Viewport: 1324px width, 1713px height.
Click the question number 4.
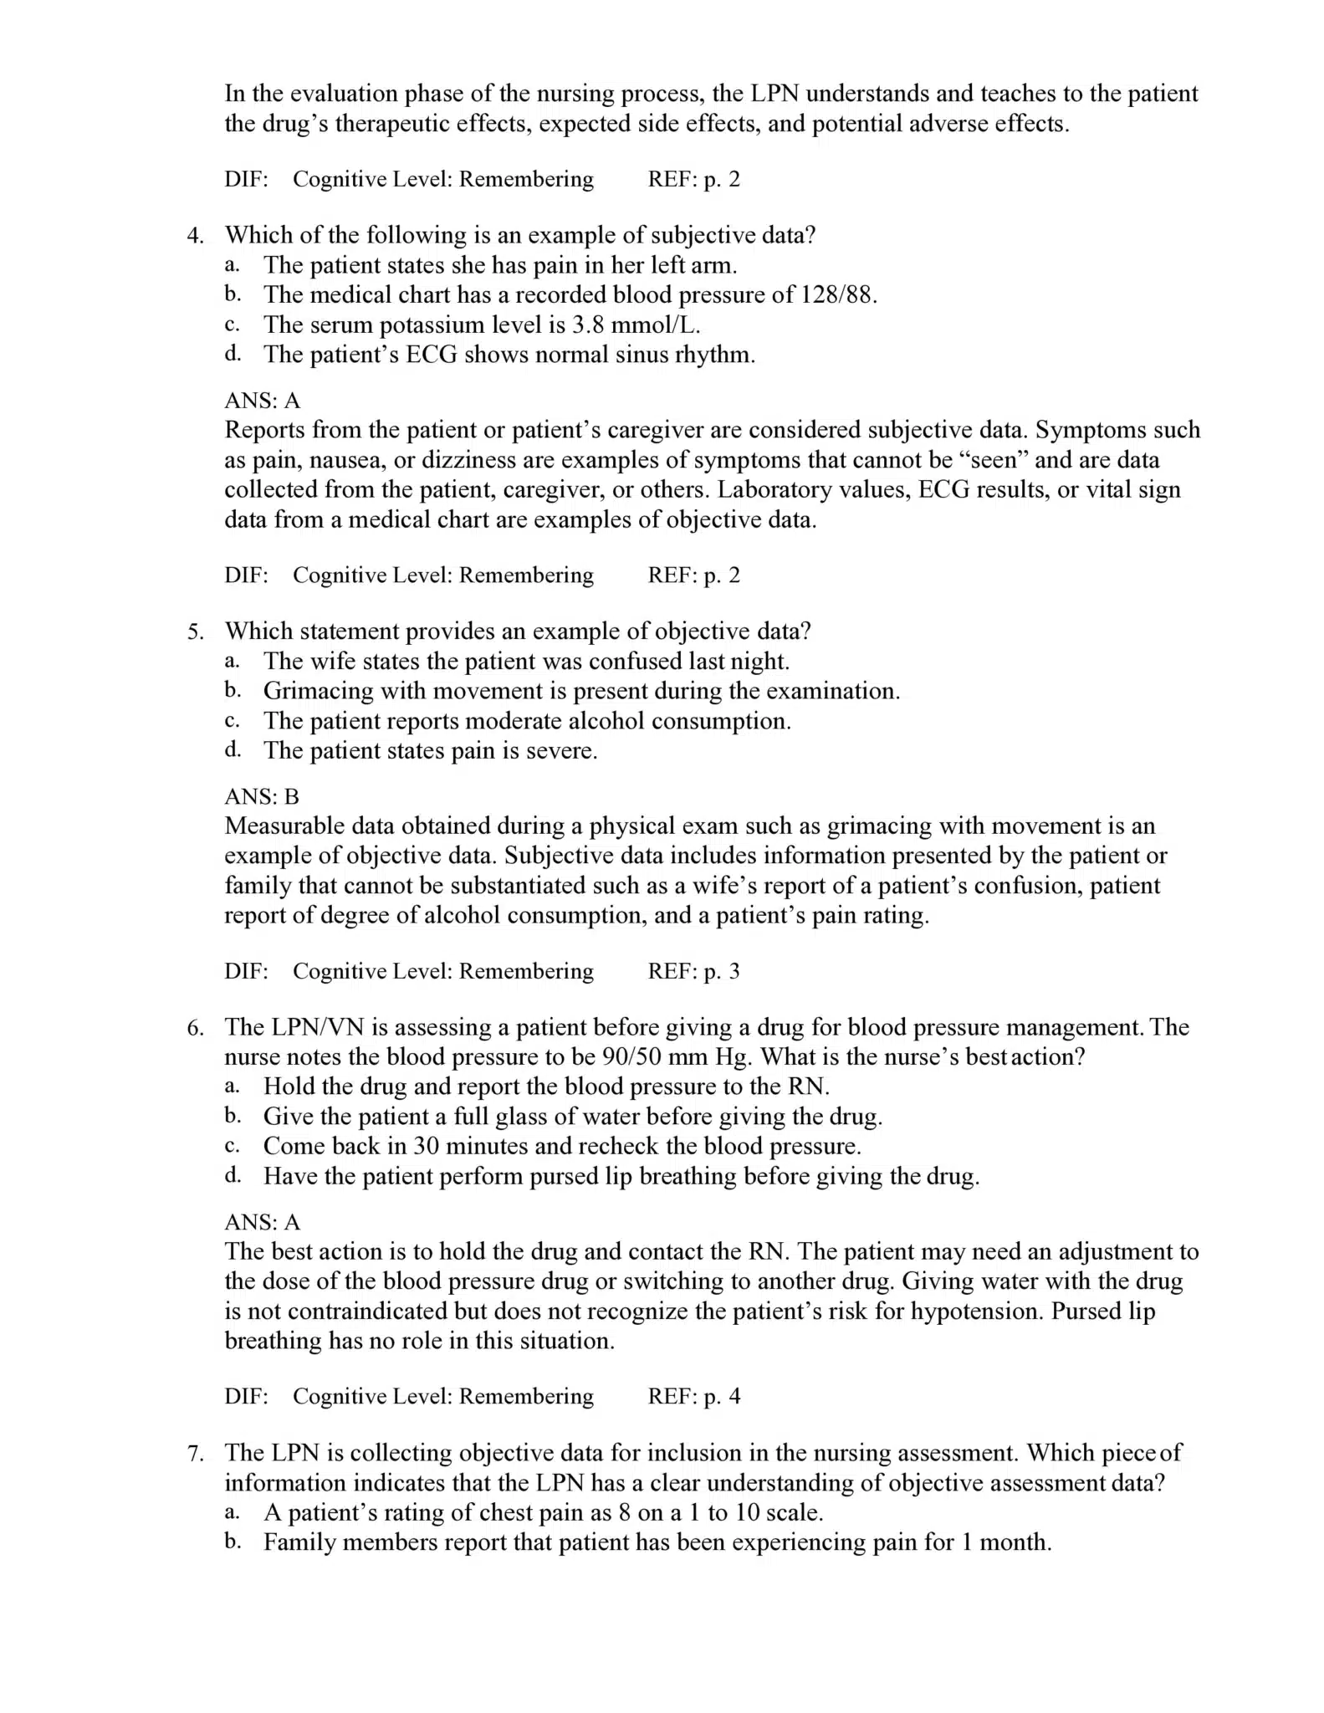click(194, 236)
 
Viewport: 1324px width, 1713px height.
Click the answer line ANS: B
click(262, 796)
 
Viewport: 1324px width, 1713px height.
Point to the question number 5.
click(194, 632)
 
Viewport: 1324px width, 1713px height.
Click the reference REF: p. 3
click(693, 971)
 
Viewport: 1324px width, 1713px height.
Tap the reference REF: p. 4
click(693, 1396)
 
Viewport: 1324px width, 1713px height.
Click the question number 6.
click(194, 1027)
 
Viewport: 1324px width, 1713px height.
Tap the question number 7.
click(194, 1453)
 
